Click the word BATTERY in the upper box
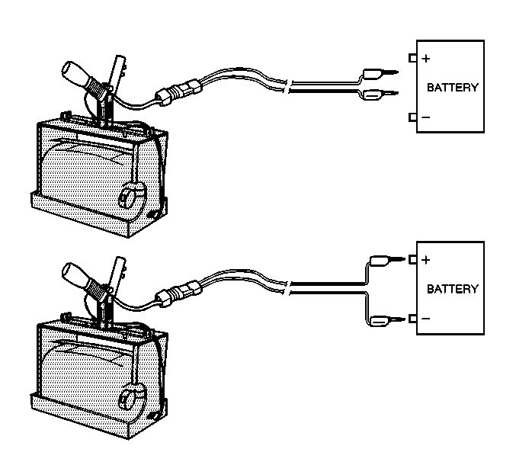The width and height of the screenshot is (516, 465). pyautogui.click(x=453, y=88)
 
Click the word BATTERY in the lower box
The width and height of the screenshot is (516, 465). pyautogui.click(x=453, y=289)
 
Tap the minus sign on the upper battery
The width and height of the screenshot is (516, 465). pyautogui.click(x=425, y=117)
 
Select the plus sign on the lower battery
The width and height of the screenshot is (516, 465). pyautogui.click(x=426, y=260)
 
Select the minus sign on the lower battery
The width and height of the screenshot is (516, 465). pyautogui.click(x=425, y=319)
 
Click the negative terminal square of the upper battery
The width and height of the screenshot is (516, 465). pyautogui.click(x=412, y=117)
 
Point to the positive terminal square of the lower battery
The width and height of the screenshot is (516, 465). pyautogui.click(x=412, y=260)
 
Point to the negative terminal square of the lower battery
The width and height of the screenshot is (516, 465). pyautogui.click(x=412, y=319)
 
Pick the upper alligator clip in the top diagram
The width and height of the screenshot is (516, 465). pyautogui.click(x=376, y=74)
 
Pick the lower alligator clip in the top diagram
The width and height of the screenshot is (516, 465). pyautogui.click(x=376, y=94)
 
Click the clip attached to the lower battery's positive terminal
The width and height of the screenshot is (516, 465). pyautogui.click(x=384, y=259)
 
